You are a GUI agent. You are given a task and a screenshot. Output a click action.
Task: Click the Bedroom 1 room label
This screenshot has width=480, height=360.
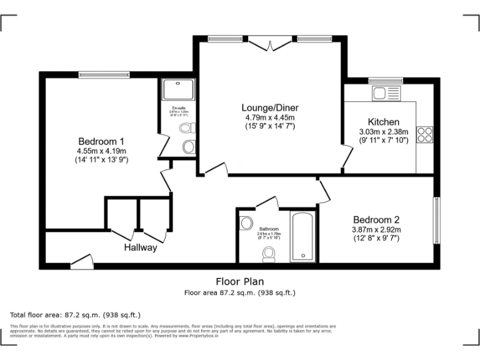click(x=101, y=141)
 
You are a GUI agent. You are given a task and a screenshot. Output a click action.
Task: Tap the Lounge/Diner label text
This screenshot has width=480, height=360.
click(x=270, y=107)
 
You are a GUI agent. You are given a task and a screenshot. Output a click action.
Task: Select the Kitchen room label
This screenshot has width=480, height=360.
click(x=383, y=122)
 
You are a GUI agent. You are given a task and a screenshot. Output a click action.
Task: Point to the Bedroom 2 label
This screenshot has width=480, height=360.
click(x=376, y=219)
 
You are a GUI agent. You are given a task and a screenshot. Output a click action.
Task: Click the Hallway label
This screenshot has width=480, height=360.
click(x=140, y=247)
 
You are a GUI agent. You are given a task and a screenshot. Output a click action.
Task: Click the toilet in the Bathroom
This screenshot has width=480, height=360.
click(x=269, y=253)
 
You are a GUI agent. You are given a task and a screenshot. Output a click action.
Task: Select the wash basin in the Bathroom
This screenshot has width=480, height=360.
click(x=246, y=222)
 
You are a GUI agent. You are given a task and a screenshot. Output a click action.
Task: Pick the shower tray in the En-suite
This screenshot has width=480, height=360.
click(x=178, y=90)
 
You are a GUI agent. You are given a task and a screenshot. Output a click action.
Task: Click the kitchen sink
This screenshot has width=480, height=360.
click(x=386, y=94)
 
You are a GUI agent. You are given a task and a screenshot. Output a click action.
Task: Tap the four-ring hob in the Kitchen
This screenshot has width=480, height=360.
click(x=425, y=135)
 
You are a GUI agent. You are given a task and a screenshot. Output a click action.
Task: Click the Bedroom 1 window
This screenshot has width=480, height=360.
click(x=104, y=75)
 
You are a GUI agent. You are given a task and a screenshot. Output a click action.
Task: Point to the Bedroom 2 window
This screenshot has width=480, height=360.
click(x=436, y=220)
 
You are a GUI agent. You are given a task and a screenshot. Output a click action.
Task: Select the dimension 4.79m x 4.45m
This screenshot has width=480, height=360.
click(x=270, y=117)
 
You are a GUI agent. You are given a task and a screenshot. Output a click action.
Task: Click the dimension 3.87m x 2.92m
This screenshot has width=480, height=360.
click(x=376, y=229)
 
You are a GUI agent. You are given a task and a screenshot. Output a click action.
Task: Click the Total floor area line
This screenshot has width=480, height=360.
click(x=76, y=314)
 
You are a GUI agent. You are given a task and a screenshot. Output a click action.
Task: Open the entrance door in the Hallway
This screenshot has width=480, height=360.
click(x=80, y=263)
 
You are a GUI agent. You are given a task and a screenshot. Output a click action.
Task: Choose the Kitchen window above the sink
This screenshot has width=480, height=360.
click(x=386, y=80)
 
